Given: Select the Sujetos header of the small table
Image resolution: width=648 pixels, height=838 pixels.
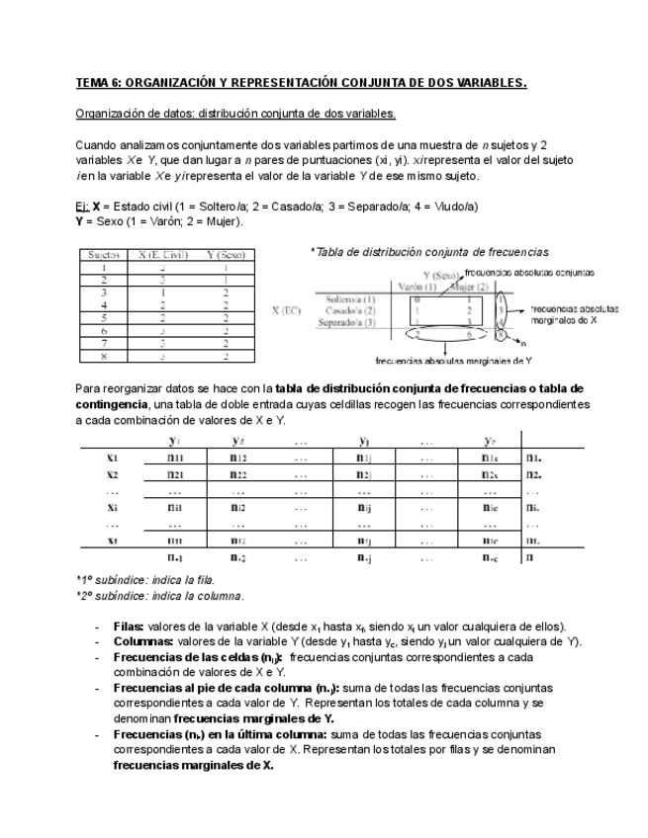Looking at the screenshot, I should pos(103,255).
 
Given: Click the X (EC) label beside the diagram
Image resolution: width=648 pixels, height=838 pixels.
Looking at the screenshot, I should pos(287,310).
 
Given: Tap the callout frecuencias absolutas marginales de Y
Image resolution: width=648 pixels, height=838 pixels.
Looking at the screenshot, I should pos(456,361).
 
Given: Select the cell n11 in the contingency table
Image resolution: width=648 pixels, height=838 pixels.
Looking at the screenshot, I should pos(175,458).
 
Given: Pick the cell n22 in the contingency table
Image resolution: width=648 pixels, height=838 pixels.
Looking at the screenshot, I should pos(238,474).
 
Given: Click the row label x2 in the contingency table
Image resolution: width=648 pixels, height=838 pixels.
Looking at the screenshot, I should pos(113,474).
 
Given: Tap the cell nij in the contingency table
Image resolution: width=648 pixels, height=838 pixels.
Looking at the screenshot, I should pos(363,508).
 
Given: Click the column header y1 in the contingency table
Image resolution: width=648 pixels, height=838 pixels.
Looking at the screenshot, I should pos(175,440).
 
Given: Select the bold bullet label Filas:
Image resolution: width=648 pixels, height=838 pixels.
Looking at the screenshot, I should pos(129,627).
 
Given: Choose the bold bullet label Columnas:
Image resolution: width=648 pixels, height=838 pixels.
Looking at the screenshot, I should pos(140,641).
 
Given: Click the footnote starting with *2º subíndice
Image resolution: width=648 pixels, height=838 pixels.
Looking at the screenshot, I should pos(159,596).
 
